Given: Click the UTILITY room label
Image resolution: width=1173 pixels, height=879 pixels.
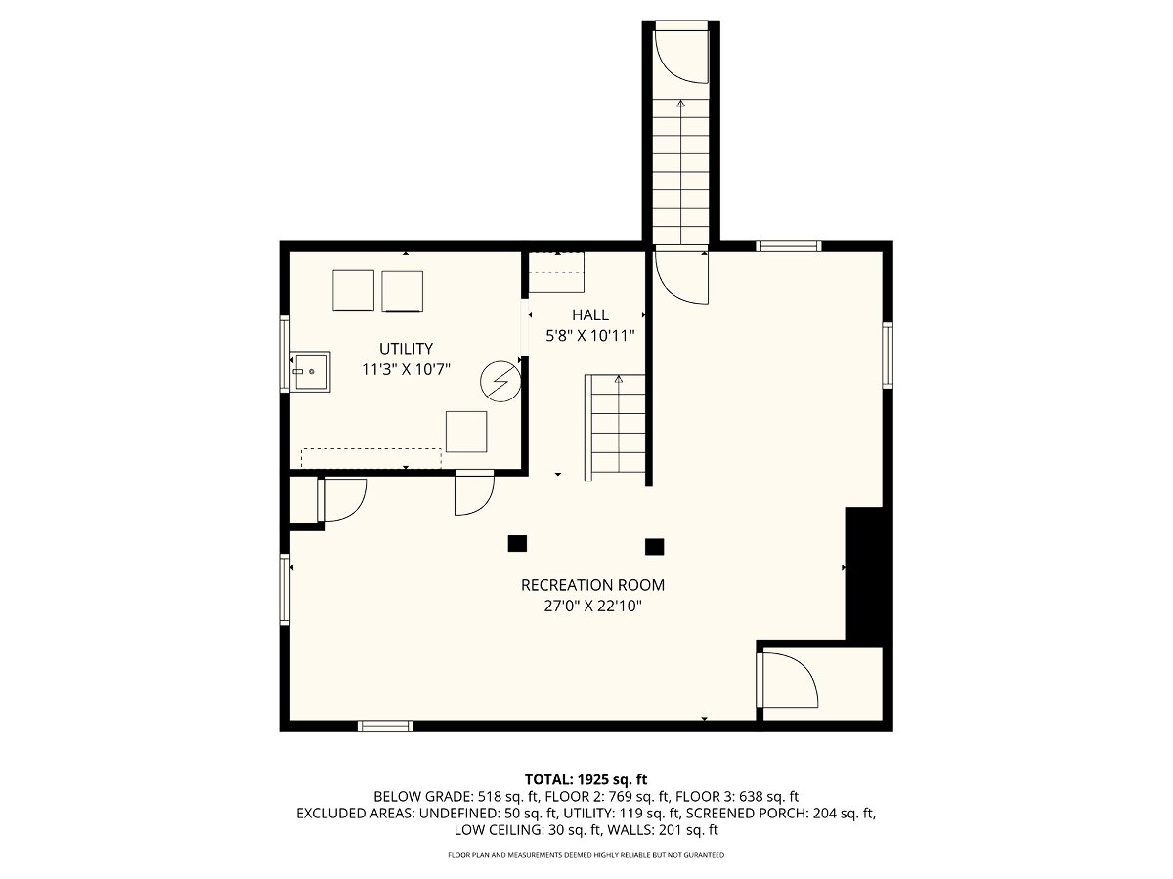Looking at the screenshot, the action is coord(406,349).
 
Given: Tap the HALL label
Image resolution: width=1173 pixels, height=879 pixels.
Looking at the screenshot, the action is coord(590,314).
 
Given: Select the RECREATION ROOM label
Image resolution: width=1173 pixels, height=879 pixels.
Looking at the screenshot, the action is coord(592,585).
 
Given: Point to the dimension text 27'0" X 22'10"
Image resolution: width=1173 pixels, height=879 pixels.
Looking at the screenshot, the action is coord(592,607).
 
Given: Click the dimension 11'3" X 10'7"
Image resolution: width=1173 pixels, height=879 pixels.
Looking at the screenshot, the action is coord(406,369).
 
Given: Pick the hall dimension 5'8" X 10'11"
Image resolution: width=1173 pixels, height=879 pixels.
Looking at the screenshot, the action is coord(590,336).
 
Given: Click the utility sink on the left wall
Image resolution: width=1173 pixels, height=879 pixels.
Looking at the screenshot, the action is coord(311,371).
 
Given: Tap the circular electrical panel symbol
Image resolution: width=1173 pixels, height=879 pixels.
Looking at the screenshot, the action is coord(500,381).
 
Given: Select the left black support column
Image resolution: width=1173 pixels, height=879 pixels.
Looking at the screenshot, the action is coord(517,543).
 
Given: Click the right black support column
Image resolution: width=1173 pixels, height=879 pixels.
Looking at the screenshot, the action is coord(655,547).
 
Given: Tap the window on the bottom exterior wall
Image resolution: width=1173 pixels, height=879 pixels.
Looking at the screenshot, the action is coord(385,726).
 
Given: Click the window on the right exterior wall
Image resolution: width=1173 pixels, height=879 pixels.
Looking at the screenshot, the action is coord(888,355).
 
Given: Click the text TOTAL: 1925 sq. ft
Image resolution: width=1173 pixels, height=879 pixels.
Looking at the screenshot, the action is coord(586,779).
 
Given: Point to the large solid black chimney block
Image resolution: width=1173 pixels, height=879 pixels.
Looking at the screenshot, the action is coord(863,572).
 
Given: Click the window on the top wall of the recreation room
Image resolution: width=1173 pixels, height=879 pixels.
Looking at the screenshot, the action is coord(788,246).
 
